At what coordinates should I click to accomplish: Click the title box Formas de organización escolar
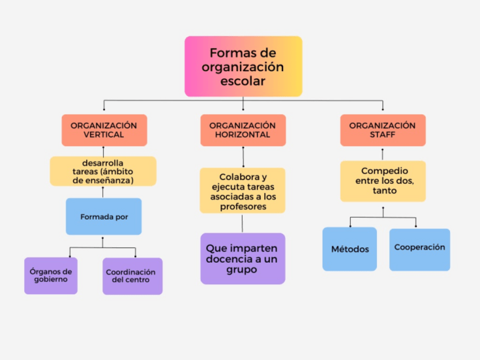click(x=243, y=66)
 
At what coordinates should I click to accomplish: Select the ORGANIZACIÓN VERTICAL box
click(x=104, y=130)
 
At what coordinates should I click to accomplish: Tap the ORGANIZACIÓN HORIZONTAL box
click(x=243, y=130)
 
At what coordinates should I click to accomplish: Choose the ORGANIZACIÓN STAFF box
click(x=383, y=130)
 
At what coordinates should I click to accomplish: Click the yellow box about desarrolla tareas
click(x=103, y=172)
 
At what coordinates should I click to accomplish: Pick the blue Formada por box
click(x=104, y=216)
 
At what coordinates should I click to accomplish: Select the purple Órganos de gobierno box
click(x=51, y=276)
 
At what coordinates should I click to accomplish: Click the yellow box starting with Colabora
click(x=242, y=191)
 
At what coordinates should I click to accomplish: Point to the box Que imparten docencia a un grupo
click(x=242, y=258)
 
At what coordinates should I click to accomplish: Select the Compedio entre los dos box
click(x=383, y=181)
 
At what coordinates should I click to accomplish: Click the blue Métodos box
click(x=350, y=249)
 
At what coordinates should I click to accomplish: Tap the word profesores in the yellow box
click(x=243, y=207)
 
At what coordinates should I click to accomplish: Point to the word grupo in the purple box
click(x=242, y=269)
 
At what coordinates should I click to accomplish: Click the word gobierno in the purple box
click(x=51, y=280)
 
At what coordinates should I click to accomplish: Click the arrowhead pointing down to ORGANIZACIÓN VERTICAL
click(x=104, y=109)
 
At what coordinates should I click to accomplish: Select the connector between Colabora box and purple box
click(x=242, y=223)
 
